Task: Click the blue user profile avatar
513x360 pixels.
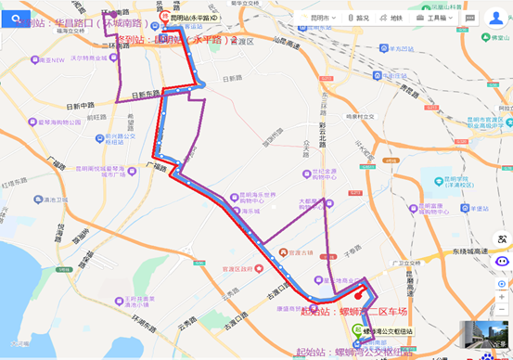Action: tap(496, 17)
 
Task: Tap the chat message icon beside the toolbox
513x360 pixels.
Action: tap(470, 18)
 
